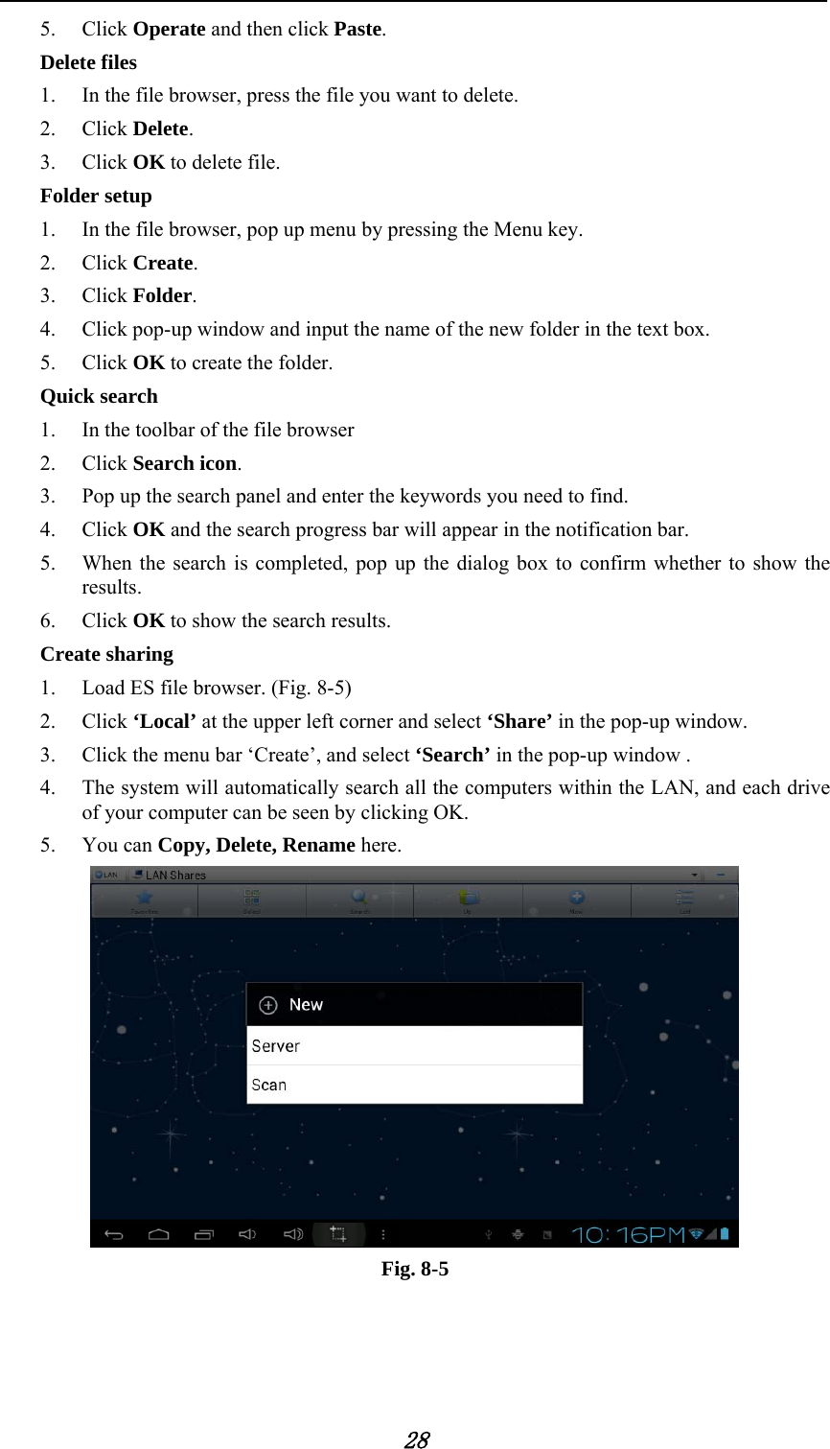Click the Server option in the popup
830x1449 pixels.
(x=276, y=1046)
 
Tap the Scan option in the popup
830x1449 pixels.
(x=269, y=1086)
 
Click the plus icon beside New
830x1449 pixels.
(x=268, y=1005)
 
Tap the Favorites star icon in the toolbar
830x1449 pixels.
(x=145, y=899)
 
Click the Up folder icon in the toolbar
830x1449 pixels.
(x=468, y=899)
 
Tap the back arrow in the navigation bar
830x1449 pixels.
(x=114, y=1234)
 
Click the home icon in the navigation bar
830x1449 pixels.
(x=159, y=1234)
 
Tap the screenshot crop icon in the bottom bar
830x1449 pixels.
(x=338, y=1234)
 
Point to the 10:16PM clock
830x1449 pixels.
(x=628, y=1234)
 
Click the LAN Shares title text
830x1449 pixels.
(x=175, y=875)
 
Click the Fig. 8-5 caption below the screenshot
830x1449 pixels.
(x=415, y=1269)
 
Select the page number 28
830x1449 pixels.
(x=416, y=1439)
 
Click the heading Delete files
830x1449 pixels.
(x=88, y=62)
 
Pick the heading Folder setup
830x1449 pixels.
(x=96, y=196)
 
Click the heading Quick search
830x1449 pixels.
(x=99, y=396)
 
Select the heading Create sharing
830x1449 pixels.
(x=106, y=654)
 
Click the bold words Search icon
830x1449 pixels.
(x=185, y=463)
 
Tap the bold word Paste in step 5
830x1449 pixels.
(x=357, y=29)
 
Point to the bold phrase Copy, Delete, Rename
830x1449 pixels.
(x=256, y=845)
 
